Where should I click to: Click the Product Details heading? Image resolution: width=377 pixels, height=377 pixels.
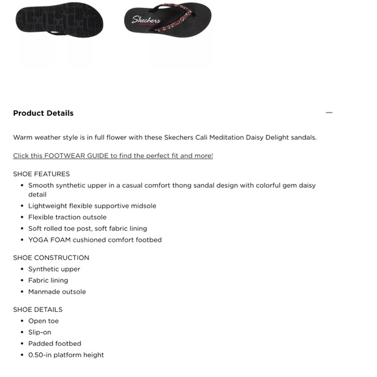coord(43,113)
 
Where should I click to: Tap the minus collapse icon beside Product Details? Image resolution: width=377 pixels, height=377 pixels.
coord(329,112)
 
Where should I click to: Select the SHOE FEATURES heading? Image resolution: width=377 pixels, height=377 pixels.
coord(41,174)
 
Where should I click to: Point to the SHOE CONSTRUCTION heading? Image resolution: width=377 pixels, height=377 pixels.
coord(51,258)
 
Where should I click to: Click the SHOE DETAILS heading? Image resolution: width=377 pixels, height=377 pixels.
coord(38,310)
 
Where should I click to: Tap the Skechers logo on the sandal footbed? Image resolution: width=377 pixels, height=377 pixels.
coord(146,20)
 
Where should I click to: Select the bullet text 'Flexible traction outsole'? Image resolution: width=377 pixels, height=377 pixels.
coord(67,217)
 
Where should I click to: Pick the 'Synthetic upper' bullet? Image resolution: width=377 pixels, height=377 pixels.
coord(54,269)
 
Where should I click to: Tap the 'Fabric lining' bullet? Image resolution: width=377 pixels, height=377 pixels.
coord(48,281)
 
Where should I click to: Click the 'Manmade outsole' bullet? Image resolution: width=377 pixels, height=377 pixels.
coord(57,292)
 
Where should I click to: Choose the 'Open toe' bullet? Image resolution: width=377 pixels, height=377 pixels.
coord(44,321)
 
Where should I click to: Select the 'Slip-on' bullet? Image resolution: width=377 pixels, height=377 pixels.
coord(40,332)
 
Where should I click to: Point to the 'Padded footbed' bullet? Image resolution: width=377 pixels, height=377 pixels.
coord(55,344)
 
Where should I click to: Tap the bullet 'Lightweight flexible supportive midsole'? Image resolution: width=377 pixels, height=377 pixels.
coord(92,206)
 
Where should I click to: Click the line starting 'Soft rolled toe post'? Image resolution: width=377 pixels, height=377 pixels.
coord(87,229)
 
